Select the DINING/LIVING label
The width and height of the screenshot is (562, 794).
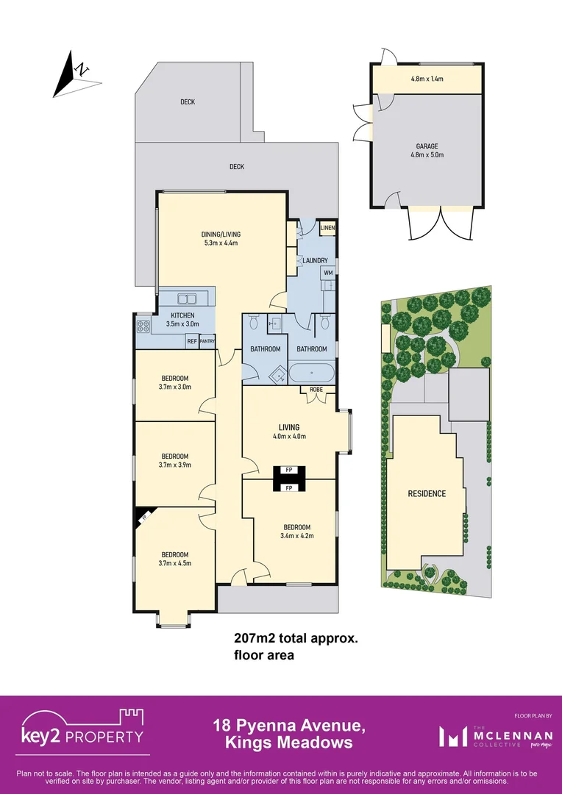[x=221, y=235]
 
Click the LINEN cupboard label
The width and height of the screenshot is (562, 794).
[x=327, y=229]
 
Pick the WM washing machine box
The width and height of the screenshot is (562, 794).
[x=327, y=273]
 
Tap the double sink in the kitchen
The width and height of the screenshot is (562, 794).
[x=187, y=298]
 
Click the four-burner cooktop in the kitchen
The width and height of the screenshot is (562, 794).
[x=143, y=326]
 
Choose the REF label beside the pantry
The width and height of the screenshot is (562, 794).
[x=191, y=341]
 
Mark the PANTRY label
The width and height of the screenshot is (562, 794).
[x=207, y=341]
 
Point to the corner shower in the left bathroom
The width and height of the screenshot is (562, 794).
[x=277, y=373]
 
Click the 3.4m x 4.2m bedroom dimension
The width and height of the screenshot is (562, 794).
[x=297, y=536]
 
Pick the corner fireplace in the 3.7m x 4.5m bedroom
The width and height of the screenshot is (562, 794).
[x=143, y=517]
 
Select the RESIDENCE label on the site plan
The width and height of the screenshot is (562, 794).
[x=427, y=493]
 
